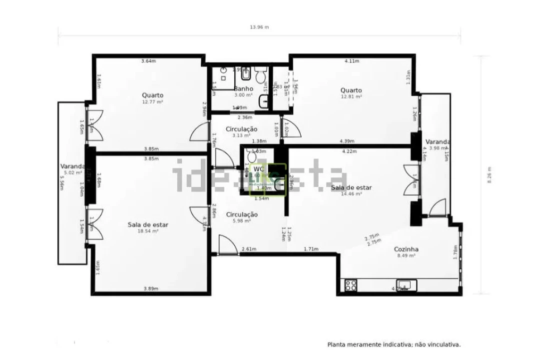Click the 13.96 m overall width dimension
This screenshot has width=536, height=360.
click(x=259, y=27)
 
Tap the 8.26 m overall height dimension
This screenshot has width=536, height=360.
click(x=489, y=174)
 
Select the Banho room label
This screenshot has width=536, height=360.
click(x=243, y=88)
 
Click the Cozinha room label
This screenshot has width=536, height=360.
click(x=406, y=249)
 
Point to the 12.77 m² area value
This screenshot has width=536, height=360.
click(x=152, y=101)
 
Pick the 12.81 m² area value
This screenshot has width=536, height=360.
click(x=351, y=96)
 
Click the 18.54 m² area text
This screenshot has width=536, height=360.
click(x=148, y=231)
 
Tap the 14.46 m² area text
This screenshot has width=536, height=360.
click(x=351, y=193)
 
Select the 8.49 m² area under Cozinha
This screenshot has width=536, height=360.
click(x=406, y=255)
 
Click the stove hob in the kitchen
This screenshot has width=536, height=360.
click(x=351, y=285)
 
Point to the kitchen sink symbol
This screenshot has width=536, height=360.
click(x=404, y=285)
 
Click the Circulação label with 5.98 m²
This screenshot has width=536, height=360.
click(x=242, y=214)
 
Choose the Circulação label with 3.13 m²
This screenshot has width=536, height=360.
click(x=241, y=129)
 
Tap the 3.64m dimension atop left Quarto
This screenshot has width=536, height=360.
click(x=148, y=61)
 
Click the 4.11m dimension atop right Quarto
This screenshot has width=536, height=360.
click(x=352, y=61)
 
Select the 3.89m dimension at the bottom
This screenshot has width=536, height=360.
click(x=151, y=288)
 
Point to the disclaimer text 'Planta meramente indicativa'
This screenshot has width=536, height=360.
click(x=394, y=344)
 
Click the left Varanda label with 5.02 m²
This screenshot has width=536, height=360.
click(x=71, y=166)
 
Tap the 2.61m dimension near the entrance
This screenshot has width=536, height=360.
click(x=249, y=249)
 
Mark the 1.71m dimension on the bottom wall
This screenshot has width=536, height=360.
click(x=311, y=249)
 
